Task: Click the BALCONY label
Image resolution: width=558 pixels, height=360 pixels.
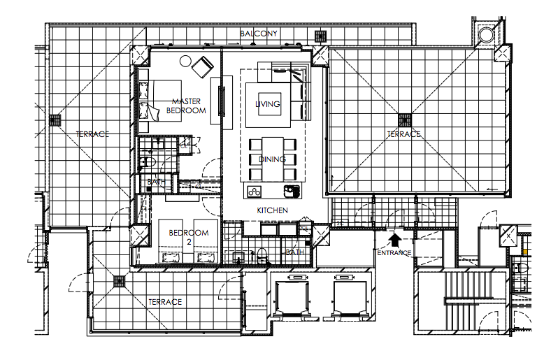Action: (258, 34)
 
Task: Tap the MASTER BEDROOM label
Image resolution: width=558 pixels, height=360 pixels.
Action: (186, 106)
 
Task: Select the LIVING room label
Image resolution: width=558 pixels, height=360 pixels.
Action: (268, 104)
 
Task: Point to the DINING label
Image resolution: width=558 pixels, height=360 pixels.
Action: (272, 159)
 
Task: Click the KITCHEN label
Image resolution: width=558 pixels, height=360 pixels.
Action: (272, 210)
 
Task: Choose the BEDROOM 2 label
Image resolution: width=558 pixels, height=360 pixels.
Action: (189, 237)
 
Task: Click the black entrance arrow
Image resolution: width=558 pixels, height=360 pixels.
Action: (394, 240)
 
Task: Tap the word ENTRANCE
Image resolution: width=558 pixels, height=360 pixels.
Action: (394, 253)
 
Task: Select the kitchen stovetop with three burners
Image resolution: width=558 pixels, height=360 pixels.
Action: (254, 192)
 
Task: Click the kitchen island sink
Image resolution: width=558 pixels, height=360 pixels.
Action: (292, 192)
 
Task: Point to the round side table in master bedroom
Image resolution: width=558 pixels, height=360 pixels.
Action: (185, 62)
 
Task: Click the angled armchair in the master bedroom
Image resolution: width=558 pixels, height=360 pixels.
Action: (203, 67)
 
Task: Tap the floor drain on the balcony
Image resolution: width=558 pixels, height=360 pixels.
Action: (320, 36)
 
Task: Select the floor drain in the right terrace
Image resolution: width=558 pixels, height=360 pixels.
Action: (405, 120)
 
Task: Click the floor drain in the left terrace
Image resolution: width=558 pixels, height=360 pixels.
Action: (55, 120)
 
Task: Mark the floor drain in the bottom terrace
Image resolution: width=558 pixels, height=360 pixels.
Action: (119, 282)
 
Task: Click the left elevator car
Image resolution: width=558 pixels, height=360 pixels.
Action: (292, 298)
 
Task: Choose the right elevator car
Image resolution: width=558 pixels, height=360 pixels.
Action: (350, 298)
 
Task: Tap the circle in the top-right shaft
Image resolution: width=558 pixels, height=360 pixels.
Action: (486, 35)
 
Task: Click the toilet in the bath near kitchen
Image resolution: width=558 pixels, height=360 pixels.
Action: (262, 254)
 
